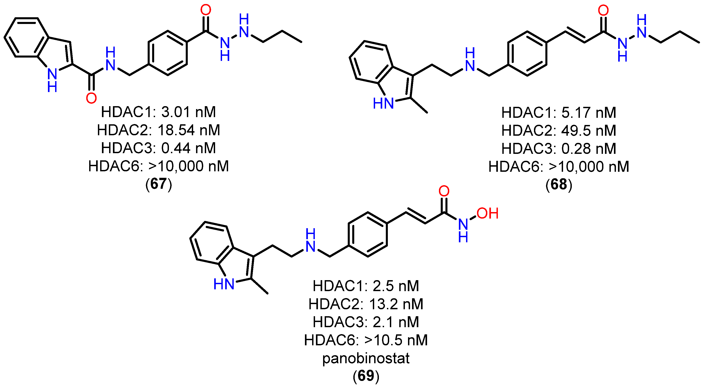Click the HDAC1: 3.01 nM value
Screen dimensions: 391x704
(158, 112)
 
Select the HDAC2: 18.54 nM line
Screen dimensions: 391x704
(158, 130)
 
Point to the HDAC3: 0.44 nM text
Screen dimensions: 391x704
(158, 148)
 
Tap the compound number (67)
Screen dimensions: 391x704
(158, 184)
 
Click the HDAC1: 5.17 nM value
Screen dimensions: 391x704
(559, 113)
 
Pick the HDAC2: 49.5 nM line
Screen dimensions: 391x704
(559, 131)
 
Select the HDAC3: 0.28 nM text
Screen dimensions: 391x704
(559, 149)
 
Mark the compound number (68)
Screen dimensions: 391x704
(559, 185)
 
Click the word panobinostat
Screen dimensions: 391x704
(366, 358)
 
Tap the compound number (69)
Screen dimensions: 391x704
(366, 376)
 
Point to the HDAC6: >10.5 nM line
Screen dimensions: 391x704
(366, 340)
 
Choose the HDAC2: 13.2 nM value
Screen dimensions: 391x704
(366, 304)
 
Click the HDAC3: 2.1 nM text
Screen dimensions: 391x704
(366, 322)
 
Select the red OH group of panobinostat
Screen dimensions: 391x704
(488, 213)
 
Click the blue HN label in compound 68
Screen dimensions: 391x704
(383, 103)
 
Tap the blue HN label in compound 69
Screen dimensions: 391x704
(224, 284)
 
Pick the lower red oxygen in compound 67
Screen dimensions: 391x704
(91, 98)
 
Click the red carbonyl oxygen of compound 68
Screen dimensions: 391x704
(603, 10)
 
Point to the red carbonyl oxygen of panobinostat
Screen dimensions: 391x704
(444, 191)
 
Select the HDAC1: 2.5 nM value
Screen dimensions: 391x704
(366, 286)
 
